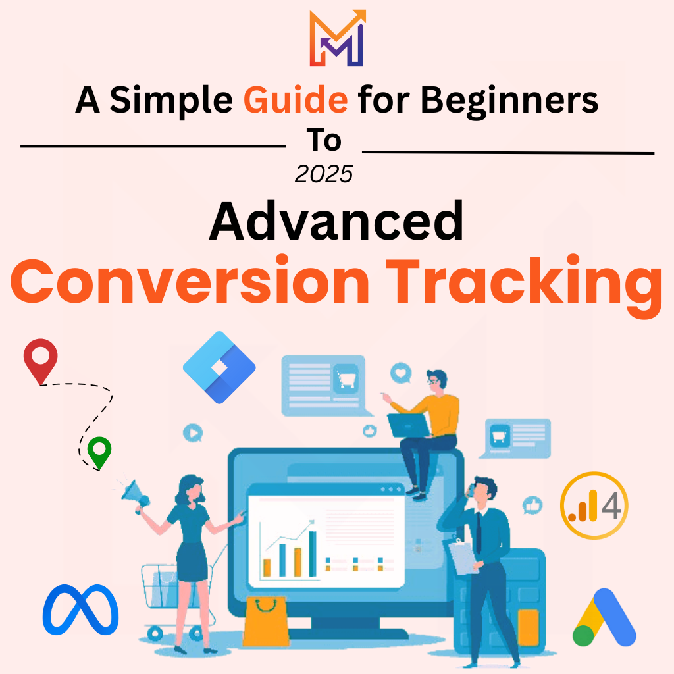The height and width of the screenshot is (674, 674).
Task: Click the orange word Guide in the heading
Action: tap(296, 100)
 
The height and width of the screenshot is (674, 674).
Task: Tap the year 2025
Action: tap(324, 174)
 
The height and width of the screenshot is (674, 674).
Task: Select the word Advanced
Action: tap(336, 222)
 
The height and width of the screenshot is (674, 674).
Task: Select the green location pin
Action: tap(99, 452)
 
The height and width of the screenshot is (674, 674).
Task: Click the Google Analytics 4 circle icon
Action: tap(594, 506)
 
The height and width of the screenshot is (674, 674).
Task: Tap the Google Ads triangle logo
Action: tap(604, 618)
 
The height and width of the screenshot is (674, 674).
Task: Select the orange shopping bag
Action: tap(265, 621)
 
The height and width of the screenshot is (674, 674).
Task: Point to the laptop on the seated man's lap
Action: tap(407, 425)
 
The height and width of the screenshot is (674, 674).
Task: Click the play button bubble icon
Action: tap(192, 433)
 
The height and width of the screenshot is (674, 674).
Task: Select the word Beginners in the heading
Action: tap(509, 100)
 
